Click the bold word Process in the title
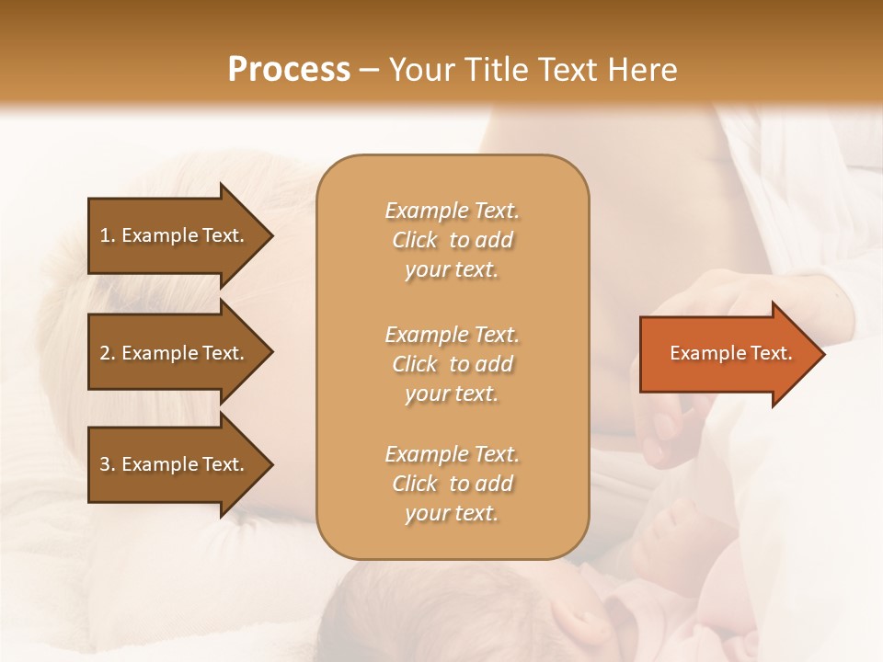289,70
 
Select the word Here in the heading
642,70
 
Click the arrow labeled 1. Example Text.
180,235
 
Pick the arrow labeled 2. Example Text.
180,352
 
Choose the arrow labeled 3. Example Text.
180,464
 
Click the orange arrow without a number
732,354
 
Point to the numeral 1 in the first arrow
105,235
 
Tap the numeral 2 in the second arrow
105,353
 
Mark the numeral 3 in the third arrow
105,464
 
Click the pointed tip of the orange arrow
826,354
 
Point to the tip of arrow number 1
274,235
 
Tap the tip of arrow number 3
274,464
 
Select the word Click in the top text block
415,240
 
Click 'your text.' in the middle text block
452,394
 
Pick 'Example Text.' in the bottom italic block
453,453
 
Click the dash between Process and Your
369,72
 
